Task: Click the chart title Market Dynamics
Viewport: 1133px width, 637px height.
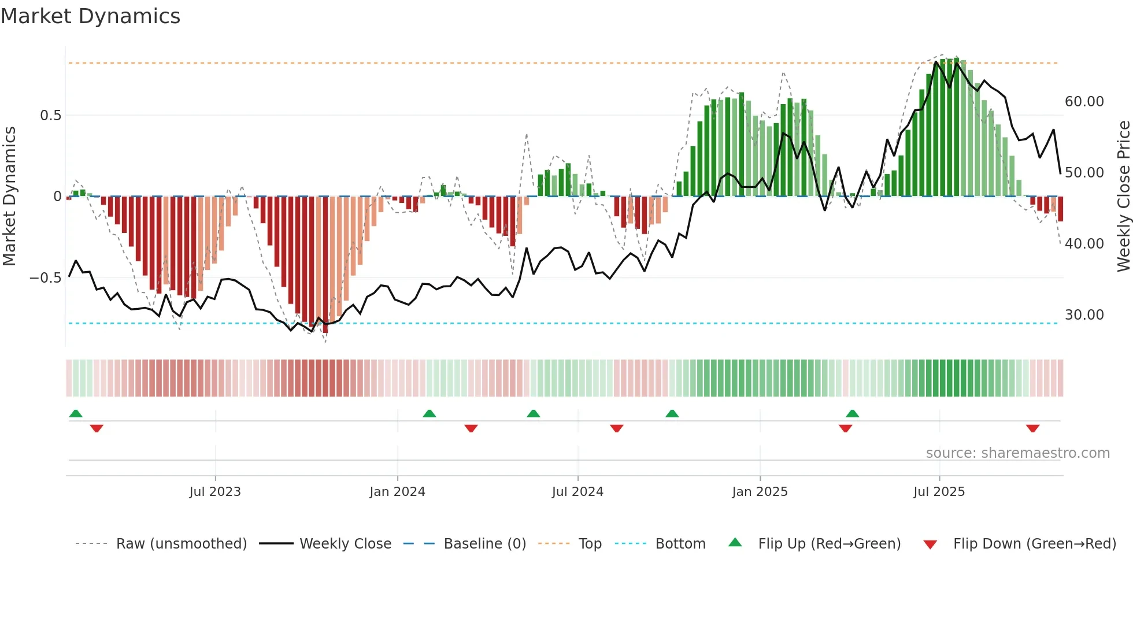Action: (90, 16)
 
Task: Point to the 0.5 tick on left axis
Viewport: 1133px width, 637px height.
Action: (50, 116)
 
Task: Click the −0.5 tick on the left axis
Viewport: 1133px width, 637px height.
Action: (46, 278)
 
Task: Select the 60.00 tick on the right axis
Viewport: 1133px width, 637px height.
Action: (1084, 102)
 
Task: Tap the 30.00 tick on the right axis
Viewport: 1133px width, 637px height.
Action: (1084, 315)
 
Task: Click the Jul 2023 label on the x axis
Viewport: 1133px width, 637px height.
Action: (215, 492)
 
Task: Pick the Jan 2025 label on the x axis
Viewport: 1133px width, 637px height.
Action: (760, 492)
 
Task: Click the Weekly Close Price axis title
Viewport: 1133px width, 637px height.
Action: (1123, 197)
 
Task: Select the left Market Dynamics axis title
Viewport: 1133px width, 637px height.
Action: (9, 197)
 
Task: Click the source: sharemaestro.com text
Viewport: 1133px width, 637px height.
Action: (1017, 453)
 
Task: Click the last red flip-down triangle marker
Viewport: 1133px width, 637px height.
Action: (1033, 428)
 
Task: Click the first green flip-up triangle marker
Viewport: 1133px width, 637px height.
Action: (76, 413)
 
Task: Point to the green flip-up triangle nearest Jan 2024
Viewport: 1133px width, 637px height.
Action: (429, 413)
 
